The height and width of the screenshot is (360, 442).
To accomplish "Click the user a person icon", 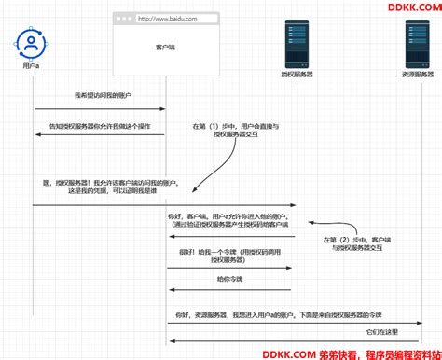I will point(33,44).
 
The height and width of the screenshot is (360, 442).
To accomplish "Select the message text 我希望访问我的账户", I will point(100,96).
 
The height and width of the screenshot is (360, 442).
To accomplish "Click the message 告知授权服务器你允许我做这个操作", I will point(100,125).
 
